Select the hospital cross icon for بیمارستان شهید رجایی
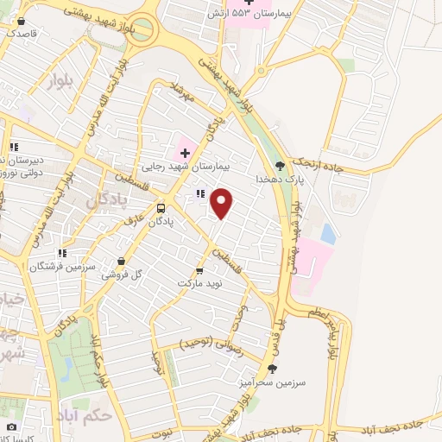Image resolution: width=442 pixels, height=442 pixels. click(185, 152)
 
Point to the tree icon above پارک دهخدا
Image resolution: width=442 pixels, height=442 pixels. click(278, 164)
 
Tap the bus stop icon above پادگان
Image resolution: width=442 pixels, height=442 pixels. click(161, 208)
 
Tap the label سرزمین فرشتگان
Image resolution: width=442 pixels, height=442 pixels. click(62, 266)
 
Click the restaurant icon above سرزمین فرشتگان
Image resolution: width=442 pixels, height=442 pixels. click(62, 254)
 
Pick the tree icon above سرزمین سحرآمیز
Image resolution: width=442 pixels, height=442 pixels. click(275, 368)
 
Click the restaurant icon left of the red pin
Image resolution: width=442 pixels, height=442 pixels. click(200, 193)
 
